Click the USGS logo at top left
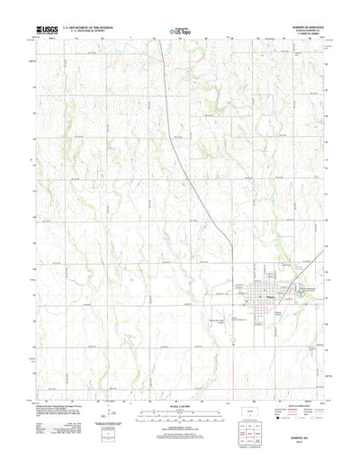(45, 32)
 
